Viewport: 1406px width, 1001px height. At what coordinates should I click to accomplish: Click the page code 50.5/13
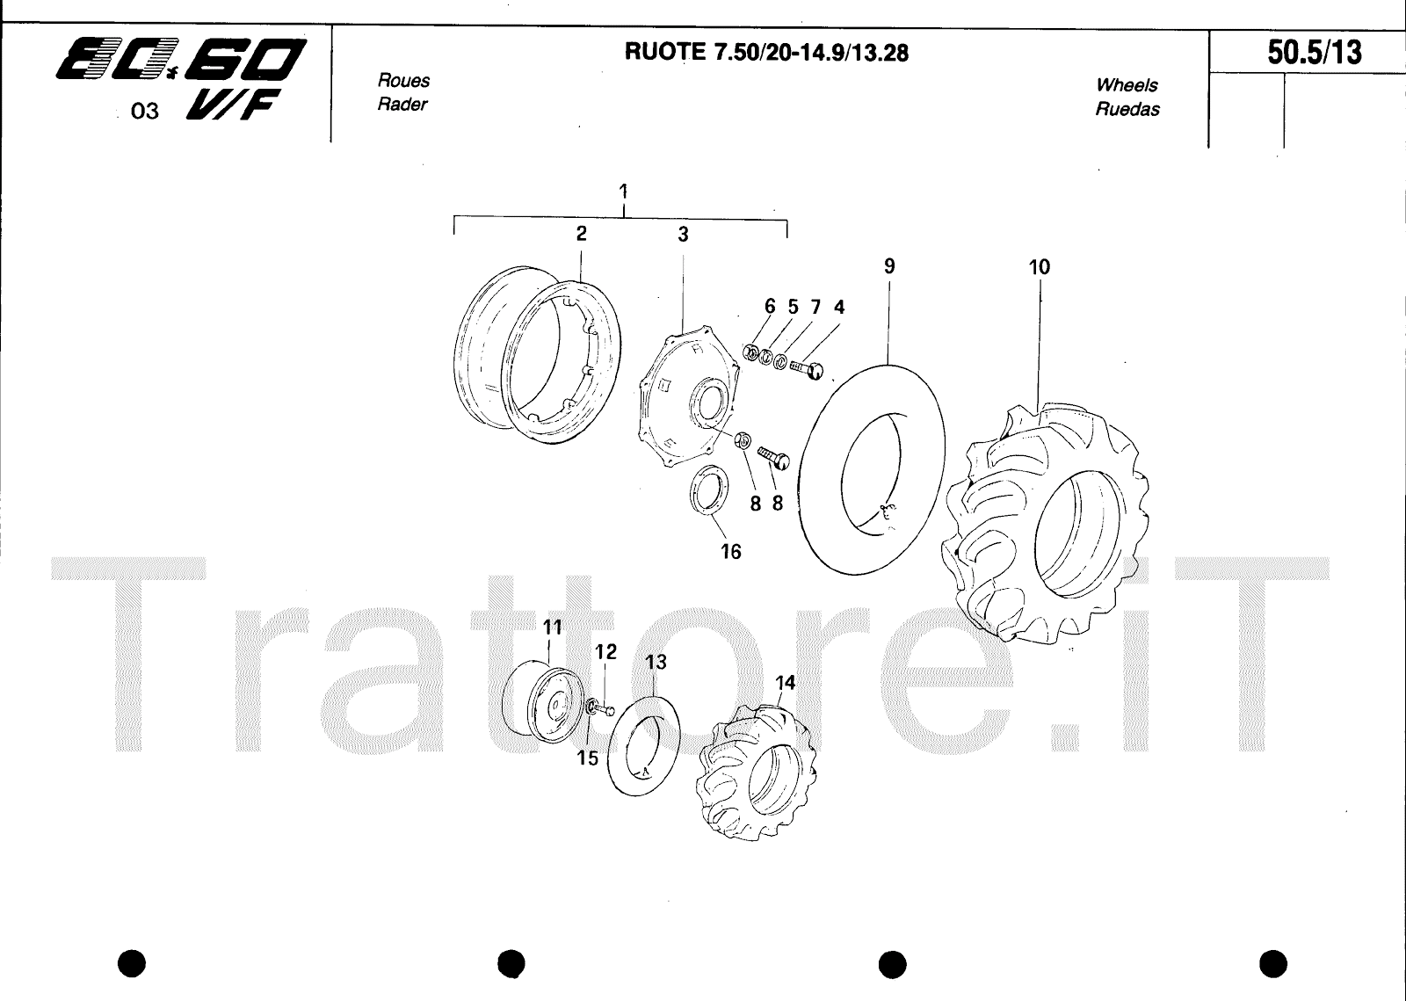[1315, 53]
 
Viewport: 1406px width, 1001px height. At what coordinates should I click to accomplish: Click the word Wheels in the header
[1127, 84]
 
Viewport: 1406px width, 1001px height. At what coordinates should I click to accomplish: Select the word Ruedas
[1127, 109]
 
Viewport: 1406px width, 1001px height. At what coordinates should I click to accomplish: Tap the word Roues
[403, 80]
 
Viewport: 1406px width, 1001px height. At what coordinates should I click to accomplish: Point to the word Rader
[402, 105]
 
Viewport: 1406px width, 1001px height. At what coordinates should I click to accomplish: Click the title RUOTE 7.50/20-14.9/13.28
[766, 53]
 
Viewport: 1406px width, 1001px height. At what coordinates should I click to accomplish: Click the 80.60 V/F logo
[181, 78]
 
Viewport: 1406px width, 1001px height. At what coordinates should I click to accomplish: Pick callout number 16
[730, 552]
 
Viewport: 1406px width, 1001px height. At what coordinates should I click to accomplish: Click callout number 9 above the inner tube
[889, 266]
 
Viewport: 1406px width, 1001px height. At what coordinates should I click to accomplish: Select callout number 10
[1040, 267]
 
